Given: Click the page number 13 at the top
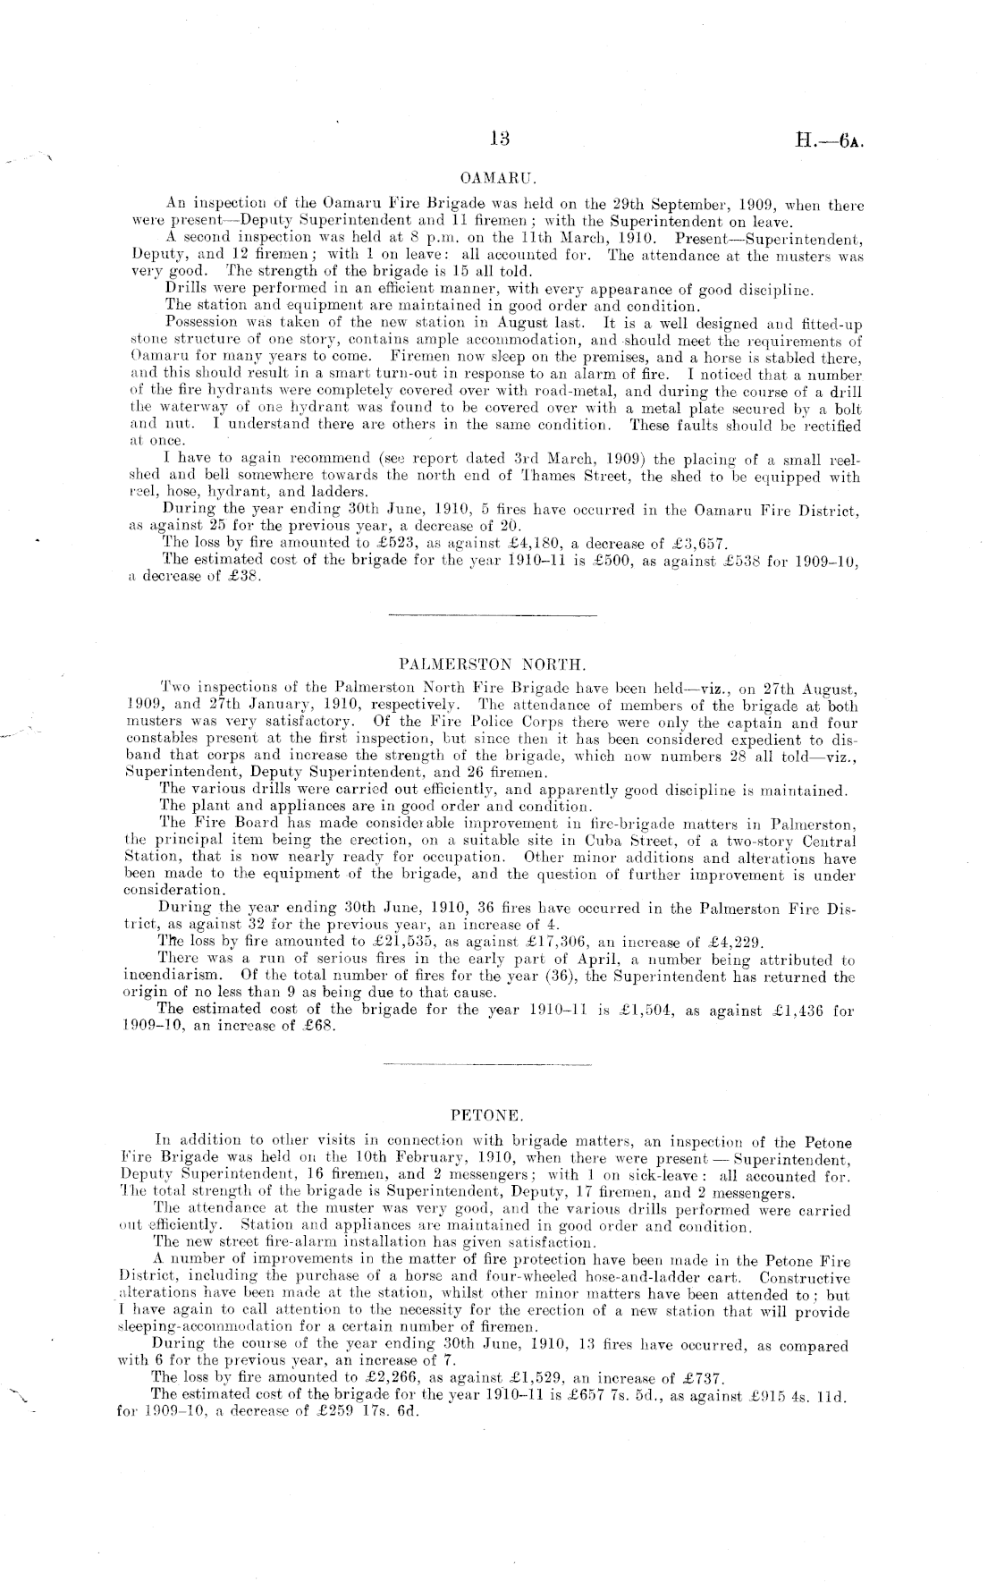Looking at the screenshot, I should click(500, 139).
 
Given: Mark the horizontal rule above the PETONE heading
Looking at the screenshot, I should click(487, 1065).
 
